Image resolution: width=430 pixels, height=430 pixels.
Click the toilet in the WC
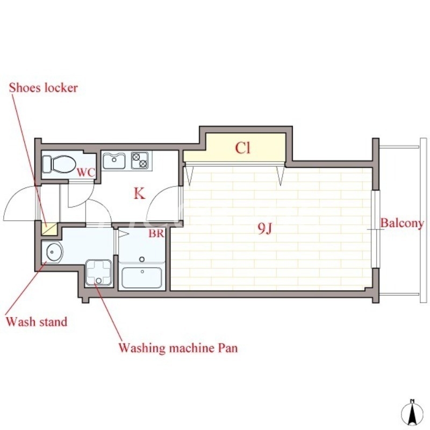pos(59,164)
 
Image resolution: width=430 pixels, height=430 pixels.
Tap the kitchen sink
pos(114,161)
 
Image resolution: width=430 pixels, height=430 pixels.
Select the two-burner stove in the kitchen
pos(140,160)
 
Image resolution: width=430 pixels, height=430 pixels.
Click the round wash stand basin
pos(54,252)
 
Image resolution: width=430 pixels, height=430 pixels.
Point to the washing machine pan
pos(99,273)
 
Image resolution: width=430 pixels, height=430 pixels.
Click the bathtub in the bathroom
pos(142,277)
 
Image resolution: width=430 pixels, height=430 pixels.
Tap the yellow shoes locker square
pos(49,229)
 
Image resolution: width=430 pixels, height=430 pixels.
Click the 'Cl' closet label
pos(243,148)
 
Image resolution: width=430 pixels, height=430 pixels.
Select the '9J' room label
pos(265,228)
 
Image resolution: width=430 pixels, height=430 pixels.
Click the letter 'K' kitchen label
pos(139,193)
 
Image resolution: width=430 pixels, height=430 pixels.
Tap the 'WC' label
pos(86,173)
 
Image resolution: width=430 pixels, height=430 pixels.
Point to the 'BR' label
pos(156,233)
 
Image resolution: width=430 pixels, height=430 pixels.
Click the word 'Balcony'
pos(402,224)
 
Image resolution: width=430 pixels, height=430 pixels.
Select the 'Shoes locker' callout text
pos(44,88)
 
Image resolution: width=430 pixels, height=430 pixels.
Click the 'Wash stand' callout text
pos(37,321)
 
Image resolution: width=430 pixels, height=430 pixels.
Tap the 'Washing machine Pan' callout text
pos(178,348)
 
